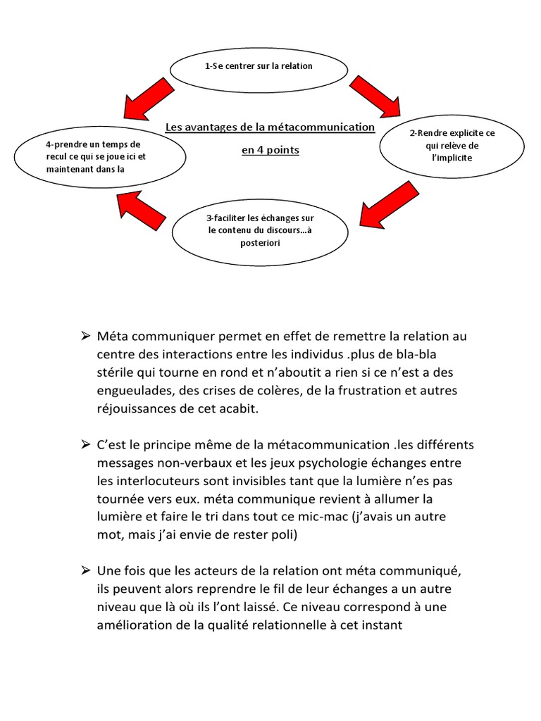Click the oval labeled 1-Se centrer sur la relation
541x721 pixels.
coord(259,66)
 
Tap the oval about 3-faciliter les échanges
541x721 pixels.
coord(259,229)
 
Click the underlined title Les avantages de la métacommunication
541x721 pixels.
coord(270,127)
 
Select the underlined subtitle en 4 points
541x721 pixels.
coord(270,150)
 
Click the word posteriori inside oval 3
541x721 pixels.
coord(259,242)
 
